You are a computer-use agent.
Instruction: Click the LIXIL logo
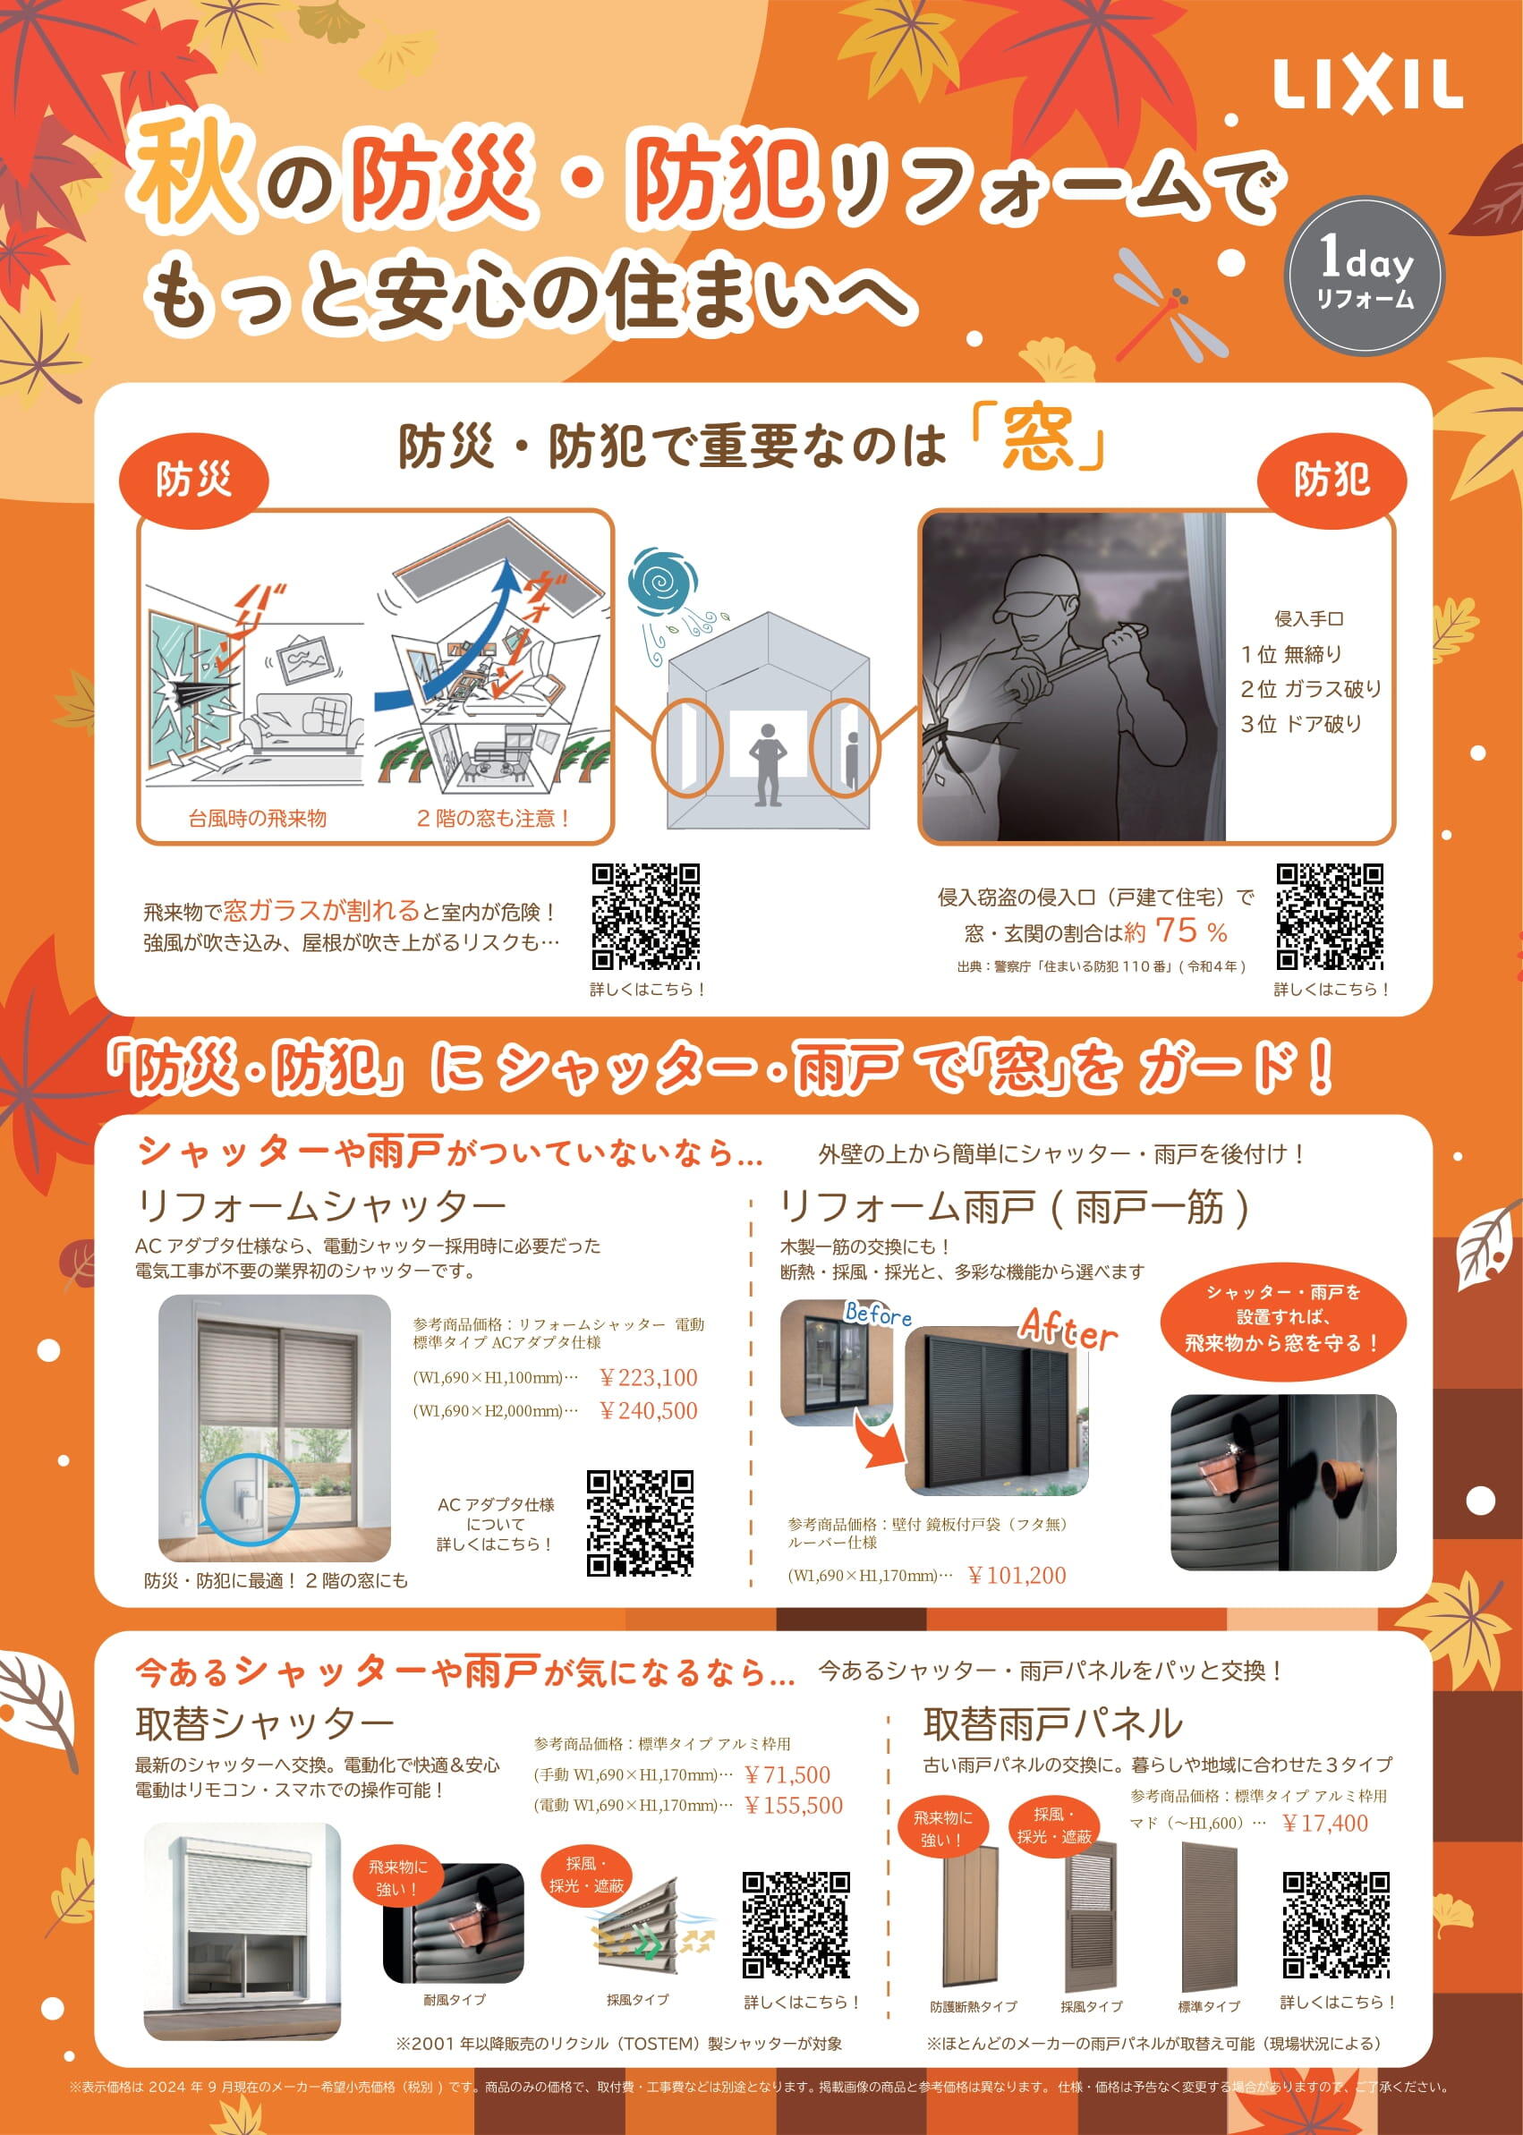[1366, 86]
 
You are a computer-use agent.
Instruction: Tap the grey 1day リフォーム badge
[1365, 275]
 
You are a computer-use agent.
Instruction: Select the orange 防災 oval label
[193, 481]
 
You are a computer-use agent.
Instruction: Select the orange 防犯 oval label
[1331, 481]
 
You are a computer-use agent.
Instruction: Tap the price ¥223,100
[648, 1377]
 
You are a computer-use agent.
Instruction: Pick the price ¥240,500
[648, 1410]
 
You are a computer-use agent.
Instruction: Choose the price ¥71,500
[787, 1775]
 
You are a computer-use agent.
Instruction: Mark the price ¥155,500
[794, 1805]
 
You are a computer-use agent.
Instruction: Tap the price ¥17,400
[1324, 1823]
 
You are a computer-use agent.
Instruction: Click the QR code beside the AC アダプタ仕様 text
[640, 1523]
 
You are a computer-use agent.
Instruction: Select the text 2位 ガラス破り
[1310, 689]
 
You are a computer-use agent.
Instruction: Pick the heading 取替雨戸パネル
[1052, 1723]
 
